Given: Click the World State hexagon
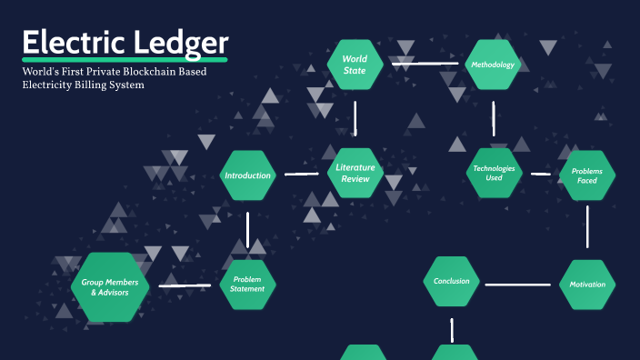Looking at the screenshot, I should [355, 65].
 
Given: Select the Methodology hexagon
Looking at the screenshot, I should [493, 65].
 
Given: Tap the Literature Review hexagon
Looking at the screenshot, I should [355, 173].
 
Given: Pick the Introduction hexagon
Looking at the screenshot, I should [248, 175].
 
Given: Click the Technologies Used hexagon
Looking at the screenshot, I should [494, 173].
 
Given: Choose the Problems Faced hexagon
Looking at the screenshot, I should [587, 175].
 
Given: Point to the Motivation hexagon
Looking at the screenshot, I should [587, 285].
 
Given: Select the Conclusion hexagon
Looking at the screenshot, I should [452, 281].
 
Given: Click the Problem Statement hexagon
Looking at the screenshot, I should [248, 285].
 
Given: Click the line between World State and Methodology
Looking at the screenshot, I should [425, 64].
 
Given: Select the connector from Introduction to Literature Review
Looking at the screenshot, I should [301, 174].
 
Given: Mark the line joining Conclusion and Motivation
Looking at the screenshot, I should [519, 285].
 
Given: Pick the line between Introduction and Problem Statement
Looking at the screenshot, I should [247, 229].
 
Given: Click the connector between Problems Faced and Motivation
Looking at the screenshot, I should [587, 227].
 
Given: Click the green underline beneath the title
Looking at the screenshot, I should [125, 61].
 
